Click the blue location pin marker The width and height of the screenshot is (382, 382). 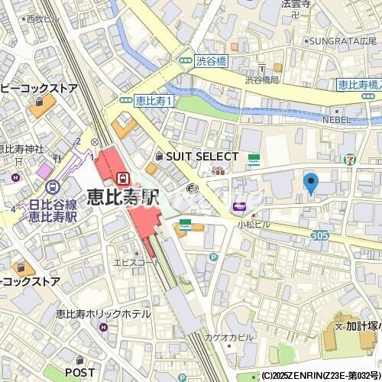coord(310,183)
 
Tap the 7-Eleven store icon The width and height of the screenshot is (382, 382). coord(349,160)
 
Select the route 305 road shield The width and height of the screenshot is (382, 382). coord(320,235)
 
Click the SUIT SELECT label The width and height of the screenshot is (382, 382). coord(197,155)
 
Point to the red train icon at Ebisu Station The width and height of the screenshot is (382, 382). coord(121,177)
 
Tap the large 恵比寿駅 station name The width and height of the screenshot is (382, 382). coord(122,196)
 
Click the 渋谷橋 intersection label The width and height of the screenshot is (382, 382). coord(206,60)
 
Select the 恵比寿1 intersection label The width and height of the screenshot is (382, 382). coord(155,99)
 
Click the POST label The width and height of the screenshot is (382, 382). coord(79,372)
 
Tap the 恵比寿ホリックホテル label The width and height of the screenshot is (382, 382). coord(103,313)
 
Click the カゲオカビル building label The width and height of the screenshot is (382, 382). coord(228,337)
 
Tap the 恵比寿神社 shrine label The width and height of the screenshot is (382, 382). coord(15,149)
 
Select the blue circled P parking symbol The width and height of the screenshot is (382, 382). coord(213,257)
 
